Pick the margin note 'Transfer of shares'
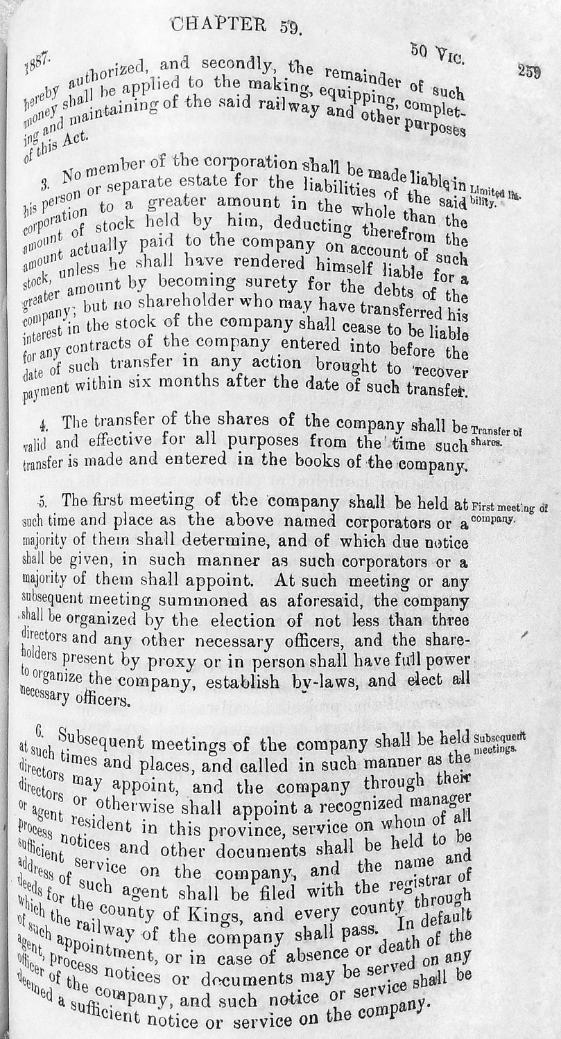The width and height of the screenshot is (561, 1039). [x=497, y=434]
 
